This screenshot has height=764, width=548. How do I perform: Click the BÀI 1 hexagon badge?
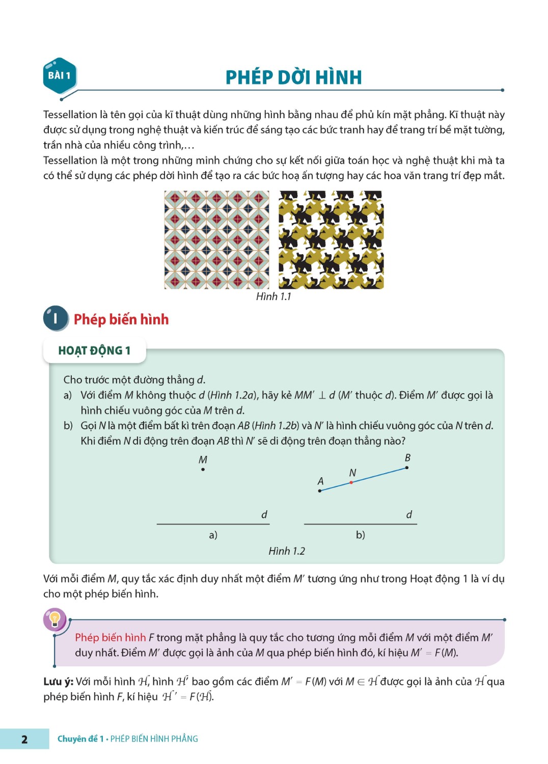pyautogui.click(x=60, y=76)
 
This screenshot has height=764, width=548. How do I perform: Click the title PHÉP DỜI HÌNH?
pyautogui.click(x=293, y=77)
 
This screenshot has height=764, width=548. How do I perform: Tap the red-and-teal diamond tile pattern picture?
pyautogui.click(x=216, y=240)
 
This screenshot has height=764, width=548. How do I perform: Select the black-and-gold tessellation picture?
pyautogui.click(x=331, y=240)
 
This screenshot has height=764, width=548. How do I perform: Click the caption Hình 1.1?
pyautogui.click(x=273, y=296)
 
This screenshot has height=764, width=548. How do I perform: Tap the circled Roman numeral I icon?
pyautogui.click(x=55, y=319)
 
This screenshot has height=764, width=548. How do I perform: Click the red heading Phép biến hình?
pyautogui.click(x=121, y=319)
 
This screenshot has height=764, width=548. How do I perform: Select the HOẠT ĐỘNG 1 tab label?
pyautogui.click(x=94, y=350)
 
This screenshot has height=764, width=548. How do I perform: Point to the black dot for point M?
pyautogui.click(x=203, y=469)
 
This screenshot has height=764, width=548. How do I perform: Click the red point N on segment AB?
pyautogui.click(x=351, y=482)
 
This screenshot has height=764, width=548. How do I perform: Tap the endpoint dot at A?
pyautogui.click(x=320, y=490)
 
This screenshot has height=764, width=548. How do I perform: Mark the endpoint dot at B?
pyautogui.click(x=406, y=468)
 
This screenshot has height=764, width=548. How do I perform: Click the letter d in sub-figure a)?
pyautogui.click(x=264, y=514)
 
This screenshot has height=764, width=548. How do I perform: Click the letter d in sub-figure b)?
pyautogui.click(x=409, y=514)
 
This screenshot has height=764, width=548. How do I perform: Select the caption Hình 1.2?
pyautogui.click(x=287, y=551)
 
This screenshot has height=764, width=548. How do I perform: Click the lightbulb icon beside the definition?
pyautogui.click(x=55, y=619)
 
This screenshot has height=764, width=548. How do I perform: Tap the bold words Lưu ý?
pyautogui.click(x=58, y=681)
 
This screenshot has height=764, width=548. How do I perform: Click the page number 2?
pyautogui.click(x=24, y=739)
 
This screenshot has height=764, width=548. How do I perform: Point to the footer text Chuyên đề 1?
pyautogui.click(x=80, y=739)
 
